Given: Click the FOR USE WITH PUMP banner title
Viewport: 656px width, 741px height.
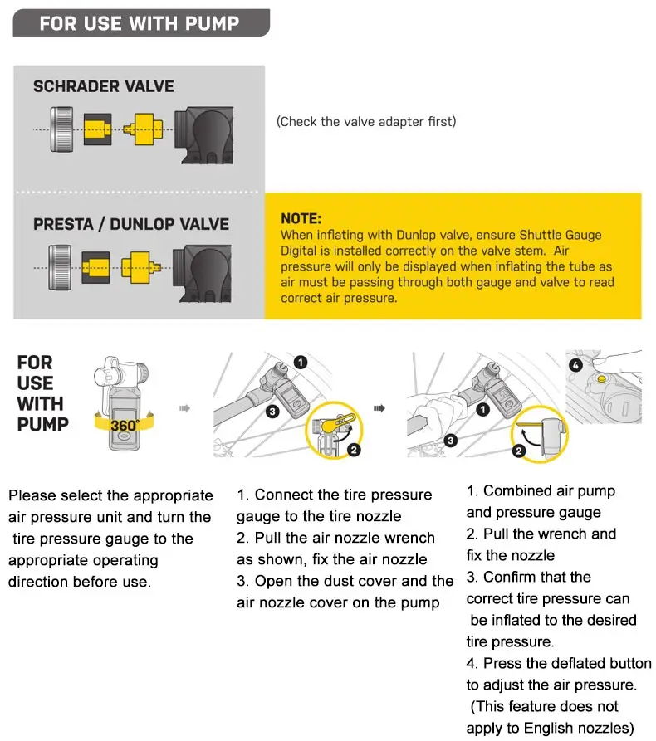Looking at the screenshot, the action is (x=140, y=23).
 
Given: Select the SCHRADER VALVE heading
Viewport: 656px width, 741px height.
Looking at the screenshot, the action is (x=104, y=86).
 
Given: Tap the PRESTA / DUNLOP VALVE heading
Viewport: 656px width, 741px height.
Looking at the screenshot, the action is (x=131, y=224).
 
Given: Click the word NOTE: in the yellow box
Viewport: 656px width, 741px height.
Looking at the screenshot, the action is (x=301, y=218).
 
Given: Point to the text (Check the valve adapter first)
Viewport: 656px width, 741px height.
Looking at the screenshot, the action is (x=366, y=121).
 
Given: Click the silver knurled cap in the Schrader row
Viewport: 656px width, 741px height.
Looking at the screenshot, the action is (x=62, y=129).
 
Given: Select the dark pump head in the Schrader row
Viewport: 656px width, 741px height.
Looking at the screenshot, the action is (x=203, y=135).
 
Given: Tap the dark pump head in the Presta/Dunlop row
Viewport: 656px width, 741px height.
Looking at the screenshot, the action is (x=202, y=274).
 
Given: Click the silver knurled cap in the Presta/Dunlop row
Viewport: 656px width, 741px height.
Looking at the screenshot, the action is (x=60, y=267).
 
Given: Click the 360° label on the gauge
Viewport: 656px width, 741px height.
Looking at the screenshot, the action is (x=125, y=426).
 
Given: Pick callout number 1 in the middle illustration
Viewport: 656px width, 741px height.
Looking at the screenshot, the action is (x=301, y=363).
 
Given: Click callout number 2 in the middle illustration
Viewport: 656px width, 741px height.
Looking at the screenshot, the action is (x=354, y=450).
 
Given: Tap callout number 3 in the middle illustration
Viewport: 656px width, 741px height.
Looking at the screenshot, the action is (x=272, y=412).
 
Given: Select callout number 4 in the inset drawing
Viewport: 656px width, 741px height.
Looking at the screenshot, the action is (x=575, y=365).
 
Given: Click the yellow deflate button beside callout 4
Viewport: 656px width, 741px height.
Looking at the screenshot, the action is (x=601, y=378).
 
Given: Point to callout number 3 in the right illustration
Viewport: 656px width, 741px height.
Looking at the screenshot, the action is (x=450, y=441).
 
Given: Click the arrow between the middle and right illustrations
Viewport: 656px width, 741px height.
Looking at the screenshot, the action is (x=379, y=407).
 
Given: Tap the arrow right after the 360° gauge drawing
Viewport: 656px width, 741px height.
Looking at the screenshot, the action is (x=184, y=407).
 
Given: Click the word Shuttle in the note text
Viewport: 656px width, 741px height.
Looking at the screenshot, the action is (x=539, y=235).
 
